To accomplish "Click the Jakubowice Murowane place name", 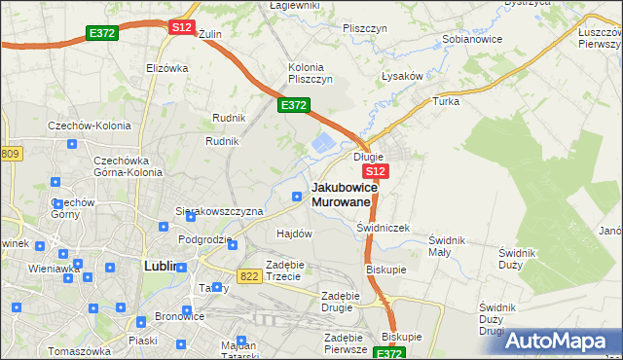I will click(341, 194).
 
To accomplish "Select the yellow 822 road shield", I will click(248, 276).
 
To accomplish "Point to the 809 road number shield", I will click(11, 154).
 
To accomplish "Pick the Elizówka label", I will click(166, 68).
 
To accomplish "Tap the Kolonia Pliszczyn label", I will click(311, 73).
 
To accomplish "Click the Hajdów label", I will click(294, 234).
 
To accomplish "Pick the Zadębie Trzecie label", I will click(291, 270).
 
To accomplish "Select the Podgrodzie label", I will click(204, 239).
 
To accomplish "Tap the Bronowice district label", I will click(179, 317).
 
